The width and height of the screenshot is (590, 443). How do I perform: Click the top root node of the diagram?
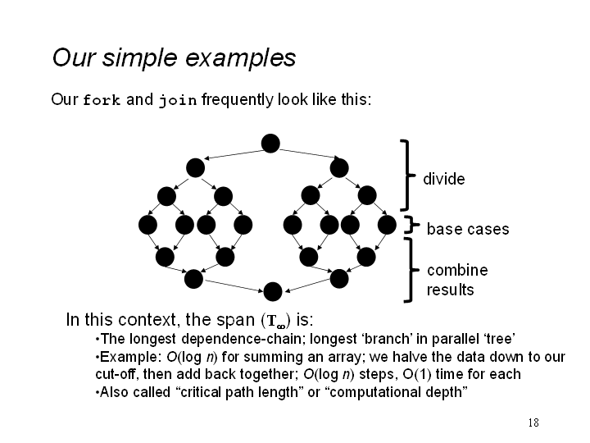tap(270, 143)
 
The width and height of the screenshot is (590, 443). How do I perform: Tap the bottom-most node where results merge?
tap(273, 291)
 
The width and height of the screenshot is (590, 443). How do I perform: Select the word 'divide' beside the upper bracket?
tap(443, 179)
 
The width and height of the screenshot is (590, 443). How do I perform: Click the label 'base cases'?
tap(468, 229)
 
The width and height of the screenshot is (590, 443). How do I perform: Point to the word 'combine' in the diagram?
tap(457, 270)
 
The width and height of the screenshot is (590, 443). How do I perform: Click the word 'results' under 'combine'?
tap(450, 290)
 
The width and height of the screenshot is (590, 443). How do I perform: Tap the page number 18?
tap(533, 422)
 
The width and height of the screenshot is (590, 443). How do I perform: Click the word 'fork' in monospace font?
tap(102, 100)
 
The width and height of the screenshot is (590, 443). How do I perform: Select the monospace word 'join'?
tap(178, 101)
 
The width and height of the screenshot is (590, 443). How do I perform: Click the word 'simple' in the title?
tap(139, 58)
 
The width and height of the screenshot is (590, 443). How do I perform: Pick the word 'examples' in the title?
tap(240, 58)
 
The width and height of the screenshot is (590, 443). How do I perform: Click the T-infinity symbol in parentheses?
tap(276, 321)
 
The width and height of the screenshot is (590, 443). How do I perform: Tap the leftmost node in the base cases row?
tap(147, 225)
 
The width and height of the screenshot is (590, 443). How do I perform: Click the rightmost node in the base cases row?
tap(387, 225)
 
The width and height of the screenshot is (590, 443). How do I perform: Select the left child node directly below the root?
tap(195, 167)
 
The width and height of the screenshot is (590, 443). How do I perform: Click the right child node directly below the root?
tap(339, 167)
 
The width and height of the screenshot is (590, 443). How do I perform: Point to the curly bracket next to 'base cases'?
tap(412, 225)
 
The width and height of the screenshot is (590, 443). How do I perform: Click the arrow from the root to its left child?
tap(234, 154)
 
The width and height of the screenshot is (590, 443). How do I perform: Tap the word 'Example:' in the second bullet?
tap(130, 357)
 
